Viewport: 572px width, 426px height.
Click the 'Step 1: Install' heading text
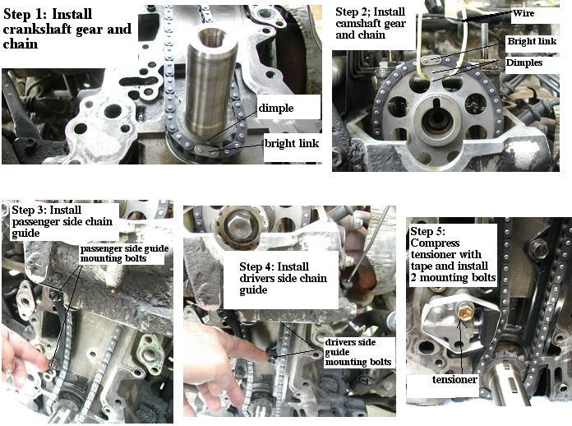click(x=48, y=14)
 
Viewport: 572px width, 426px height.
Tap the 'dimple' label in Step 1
click(x=276, y=108)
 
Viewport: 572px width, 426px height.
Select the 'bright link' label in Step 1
click(x=292, y=143)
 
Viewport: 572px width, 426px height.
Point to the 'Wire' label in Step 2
click(x=524, y=13)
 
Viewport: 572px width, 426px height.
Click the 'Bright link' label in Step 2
click(x=532, y=41)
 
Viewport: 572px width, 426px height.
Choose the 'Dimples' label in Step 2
click(x=524, y=63)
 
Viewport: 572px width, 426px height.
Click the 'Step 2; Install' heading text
click(x=371, y=12)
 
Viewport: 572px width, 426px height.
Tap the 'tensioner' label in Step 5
click(x=454, y=380)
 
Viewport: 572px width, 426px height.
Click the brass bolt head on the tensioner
click(x=464, y=313)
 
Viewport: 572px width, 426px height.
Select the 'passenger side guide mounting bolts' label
click(x=124, y=253)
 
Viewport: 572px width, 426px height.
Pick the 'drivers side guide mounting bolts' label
click(x=357, y=352)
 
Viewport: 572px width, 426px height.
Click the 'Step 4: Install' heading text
click(x=274, y=266)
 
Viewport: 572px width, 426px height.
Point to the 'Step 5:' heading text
click(x=428, y=231)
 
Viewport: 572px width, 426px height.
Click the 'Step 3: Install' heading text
click(x=46, y=210)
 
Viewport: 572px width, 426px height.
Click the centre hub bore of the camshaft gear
click(x=436, y=120)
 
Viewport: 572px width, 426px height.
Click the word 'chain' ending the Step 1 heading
click(x=21, y=44)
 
